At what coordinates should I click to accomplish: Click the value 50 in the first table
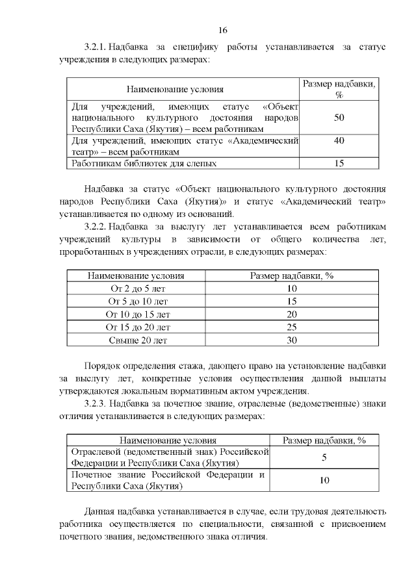(x=338, y=118)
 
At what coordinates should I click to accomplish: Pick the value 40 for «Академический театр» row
(x=338, y=140)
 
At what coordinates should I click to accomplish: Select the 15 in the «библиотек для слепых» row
(x=338, y=164)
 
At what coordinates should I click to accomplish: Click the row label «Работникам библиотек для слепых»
(x=144, y=164)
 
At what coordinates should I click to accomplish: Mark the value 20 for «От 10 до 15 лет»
(x=292, y=314)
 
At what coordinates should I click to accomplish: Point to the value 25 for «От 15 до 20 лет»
(x=292, y=327)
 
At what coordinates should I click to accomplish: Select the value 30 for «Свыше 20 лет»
(x=292, y=340)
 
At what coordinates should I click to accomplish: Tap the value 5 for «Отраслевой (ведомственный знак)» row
(x=324, y=457)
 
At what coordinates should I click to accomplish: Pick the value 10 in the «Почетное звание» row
(x=324, y=480)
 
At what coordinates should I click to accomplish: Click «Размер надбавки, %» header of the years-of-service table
(x=292, y=276)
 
